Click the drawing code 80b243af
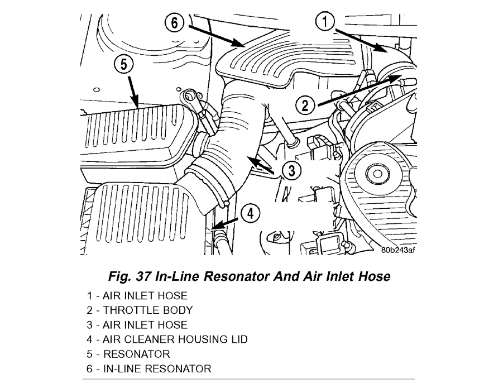click(398, 250)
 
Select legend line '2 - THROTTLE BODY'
click(139, 310)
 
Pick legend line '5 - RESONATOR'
click(128, 353)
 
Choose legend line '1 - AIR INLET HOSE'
click(137, 295)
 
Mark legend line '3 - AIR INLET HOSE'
click(137, 324)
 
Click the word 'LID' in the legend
click(238, 339)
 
